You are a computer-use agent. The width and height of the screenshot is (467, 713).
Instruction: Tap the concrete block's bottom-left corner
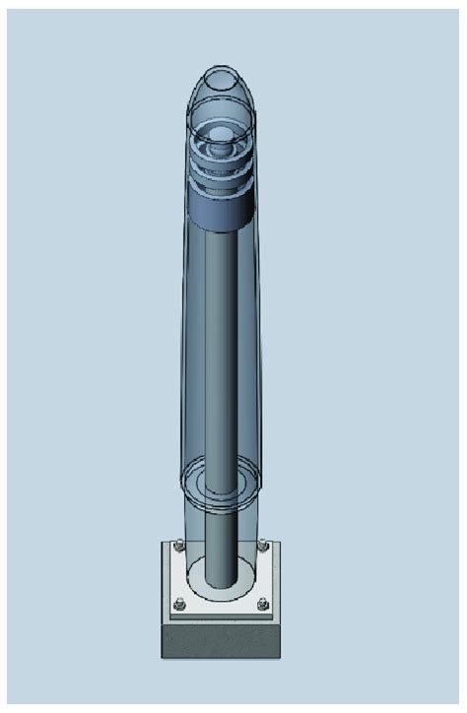[x=162, y=657]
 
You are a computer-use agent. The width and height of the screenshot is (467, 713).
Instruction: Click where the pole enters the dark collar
[x=226, y=230]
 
